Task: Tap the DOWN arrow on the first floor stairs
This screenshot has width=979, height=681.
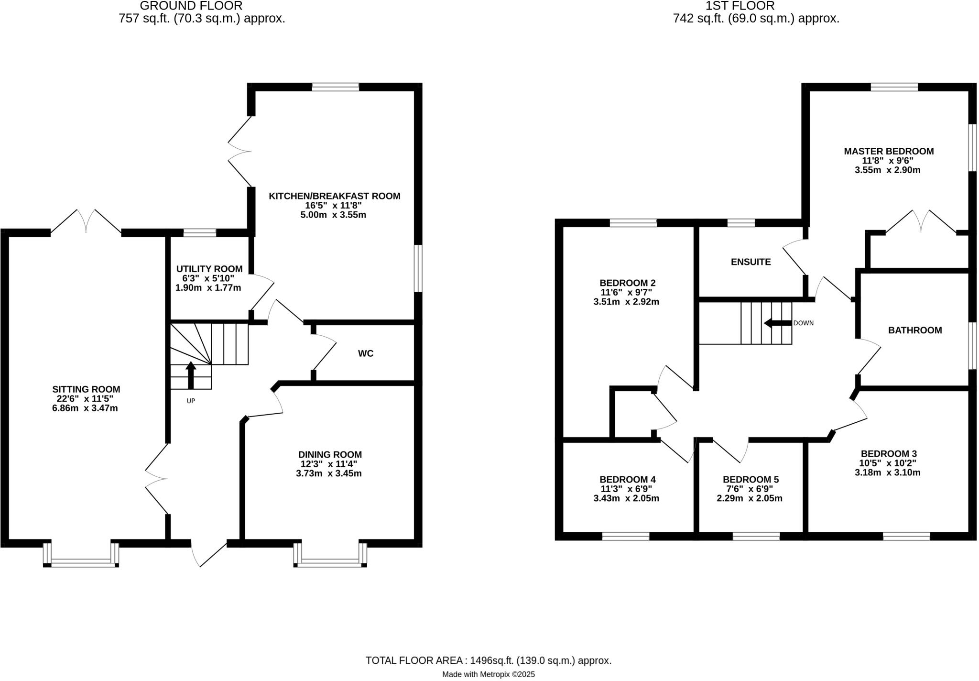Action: click(x=777, y=323)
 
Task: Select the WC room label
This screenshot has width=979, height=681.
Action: click(x=366, y=353)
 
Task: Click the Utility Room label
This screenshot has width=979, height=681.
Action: click(x=209, y=269)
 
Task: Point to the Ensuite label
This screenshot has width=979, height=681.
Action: click(x=751, y=262)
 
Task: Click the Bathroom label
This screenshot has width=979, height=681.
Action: click(x=914, y=330)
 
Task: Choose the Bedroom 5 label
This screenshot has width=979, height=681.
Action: click(x=751, y=480)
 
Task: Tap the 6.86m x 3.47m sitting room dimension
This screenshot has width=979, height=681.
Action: click(x=85, y=408)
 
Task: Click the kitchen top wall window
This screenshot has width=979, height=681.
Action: click(x=335, y=87)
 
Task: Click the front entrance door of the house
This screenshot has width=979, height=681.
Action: click(x=208, y=554)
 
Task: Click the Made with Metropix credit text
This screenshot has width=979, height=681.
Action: click(x=488, y=674)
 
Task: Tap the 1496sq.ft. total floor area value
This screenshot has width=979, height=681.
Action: click(x=491, y=660)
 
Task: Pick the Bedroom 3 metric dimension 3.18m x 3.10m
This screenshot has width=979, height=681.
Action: click(x=888, y=472)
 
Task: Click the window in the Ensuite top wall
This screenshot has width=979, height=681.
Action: click(x=740, y=223)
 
